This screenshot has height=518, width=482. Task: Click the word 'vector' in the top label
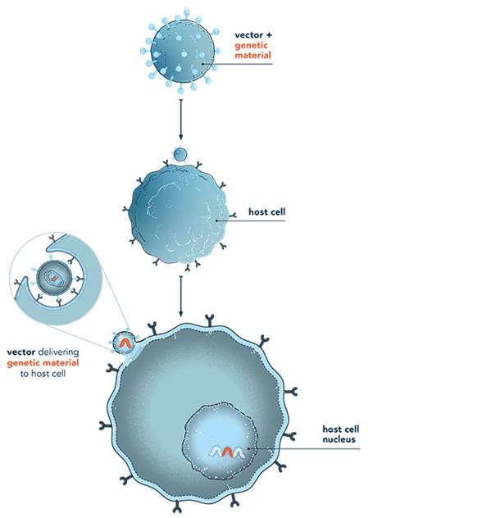click(248, 35)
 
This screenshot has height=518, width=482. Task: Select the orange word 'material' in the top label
click(252, 55)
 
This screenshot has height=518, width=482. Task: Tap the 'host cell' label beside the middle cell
click(266, 211)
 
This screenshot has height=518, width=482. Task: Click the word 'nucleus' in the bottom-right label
click(339, 439)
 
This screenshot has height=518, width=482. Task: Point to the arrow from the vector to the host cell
click(180, 120)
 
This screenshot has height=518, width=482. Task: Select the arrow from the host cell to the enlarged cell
click(180, 296)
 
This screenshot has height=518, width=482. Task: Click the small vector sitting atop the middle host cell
click(180, 154)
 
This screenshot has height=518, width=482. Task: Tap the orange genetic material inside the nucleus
click(227, 452)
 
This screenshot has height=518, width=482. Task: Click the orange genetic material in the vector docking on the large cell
click(125, 343)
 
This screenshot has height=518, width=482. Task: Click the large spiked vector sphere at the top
click(182, 51)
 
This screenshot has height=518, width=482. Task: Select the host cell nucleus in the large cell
click(220, 441)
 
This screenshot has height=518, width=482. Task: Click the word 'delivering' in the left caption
click(58, 352)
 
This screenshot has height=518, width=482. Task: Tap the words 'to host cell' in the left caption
click(43, 374)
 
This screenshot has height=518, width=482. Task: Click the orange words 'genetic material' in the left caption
click(43, 363)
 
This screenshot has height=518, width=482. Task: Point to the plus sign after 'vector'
click(269, 35)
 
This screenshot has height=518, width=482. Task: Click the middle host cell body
click(179, 214)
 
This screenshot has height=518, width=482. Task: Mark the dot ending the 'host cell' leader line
click(216, 220)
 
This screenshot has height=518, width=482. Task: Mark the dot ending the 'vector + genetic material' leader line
click(202, 64)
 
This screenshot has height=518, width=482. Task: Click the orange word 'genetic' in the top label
click(251, 45)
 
